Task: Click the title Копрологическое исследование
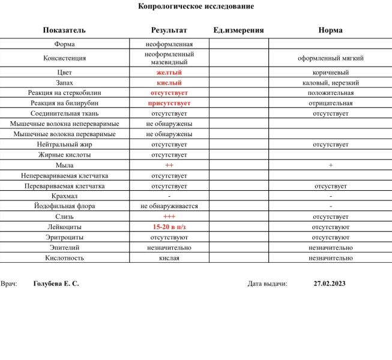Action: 196,7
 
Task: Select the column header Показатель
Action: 64,30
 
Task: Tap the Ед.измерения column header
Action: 238,30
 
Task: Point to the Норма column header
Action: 330,30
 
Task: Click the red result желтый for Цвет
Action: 169,73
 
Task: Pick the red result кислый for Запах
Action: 169,83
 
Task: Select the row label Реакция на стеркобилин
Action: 64,93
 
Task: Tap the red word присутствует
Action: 169,103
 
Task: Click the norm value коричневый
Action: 330,73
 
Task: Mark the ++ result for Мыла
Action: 169,165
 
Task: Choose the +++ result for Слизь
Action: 169,217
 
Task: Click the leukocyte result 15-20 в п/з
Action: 169,227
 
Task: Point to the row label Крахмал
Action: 64,196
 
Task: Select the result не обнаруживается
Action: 169,206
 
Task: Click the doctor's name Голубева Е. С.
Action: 56,284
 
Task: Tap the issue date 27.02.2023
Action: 330,284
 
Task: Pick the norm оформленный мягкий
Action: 330,58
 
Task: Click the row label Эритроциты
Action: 64,237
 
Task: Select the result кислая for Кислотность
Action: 169,258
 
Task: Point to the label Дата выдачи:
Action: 267,284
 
